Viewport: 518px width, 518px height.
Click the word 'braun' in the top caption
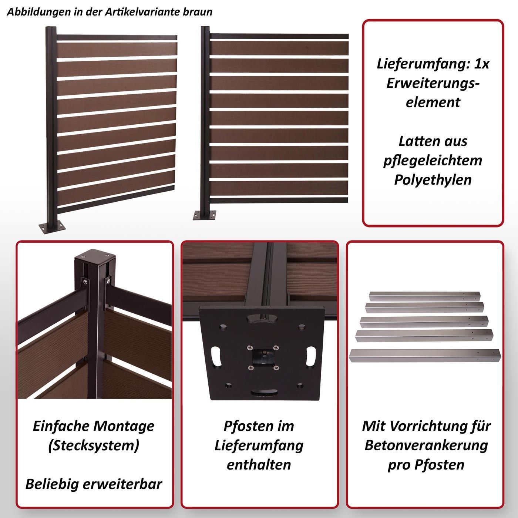pos(198,12)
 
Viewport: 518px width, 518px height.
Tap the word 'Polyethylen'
pos(433,180)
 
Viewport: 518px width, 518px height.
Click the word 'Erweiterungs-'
pos(433,83)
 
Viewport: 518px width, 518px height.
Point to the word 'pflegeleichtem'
pos(433,161)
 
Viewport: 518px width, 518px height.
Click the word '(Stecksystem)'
pos(94,446)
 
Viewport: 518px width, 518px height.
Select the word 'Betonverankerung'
pos(426,446)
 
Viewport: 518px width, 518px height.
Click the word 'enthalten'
pos(259,465)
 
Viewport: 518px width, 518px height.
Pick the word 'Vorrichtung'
pos(427,426)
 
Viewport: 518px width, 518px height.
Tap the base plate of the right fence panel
pos(205,215)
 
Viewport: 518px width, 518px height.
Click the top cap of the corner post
pos(95,256)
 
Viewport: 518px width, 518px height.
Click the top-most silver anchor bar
pos(424,296)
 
